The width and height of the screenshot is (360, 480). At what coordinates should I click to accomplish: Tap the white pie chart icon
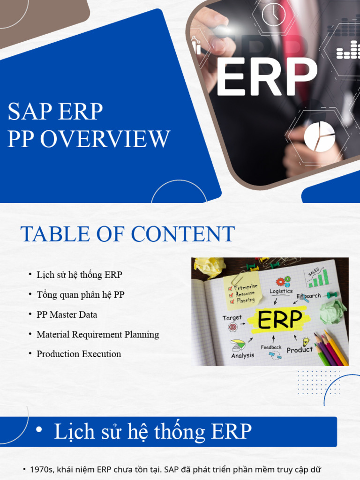click(x=319, y=136)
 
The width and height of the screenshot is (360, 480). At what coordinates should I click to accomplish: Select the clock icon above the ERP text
click(x=273, y=15)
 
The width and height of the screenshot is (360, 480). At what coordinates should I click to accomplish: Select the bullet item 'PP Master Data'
click(x=67, y=315)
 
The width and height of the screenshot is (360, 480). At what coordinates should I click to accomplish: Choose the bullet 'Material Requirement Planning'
click(x=97, y=334)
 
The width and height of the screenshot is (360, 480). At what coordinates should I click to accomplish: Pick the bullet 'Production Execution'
click(x=79, y=354)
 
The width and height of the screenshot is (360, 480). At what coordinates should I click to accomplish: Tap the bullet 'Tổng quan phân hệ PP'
click(x=80, y=295)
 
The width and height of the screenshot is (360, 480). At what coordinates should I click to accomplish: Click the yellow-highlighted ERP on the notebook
click(x=280, y=320)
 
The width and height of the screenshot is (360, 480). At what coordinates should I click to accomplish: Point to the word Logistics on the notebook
click(x=281, y=291)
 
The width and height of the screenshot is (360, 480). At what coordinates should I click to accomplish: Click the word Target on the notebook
click(x=232, y=318)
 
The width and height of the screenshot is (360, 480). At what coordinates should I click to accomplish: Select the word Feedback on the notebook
click(x=271, y=347)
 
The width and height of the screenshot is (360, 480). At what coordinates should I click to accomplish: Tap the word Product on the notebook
click(x=299, y=350)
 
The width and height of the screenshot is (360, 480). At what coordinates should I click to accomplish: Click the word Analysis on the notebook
click(x=242, y=355)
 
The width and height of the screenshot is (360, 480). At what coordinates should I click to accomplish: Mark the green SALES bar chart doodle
click(x=318, y=278)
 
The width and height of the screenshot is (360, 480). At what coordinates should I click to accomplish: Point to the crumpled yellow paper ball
click(x=210, y=267)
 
